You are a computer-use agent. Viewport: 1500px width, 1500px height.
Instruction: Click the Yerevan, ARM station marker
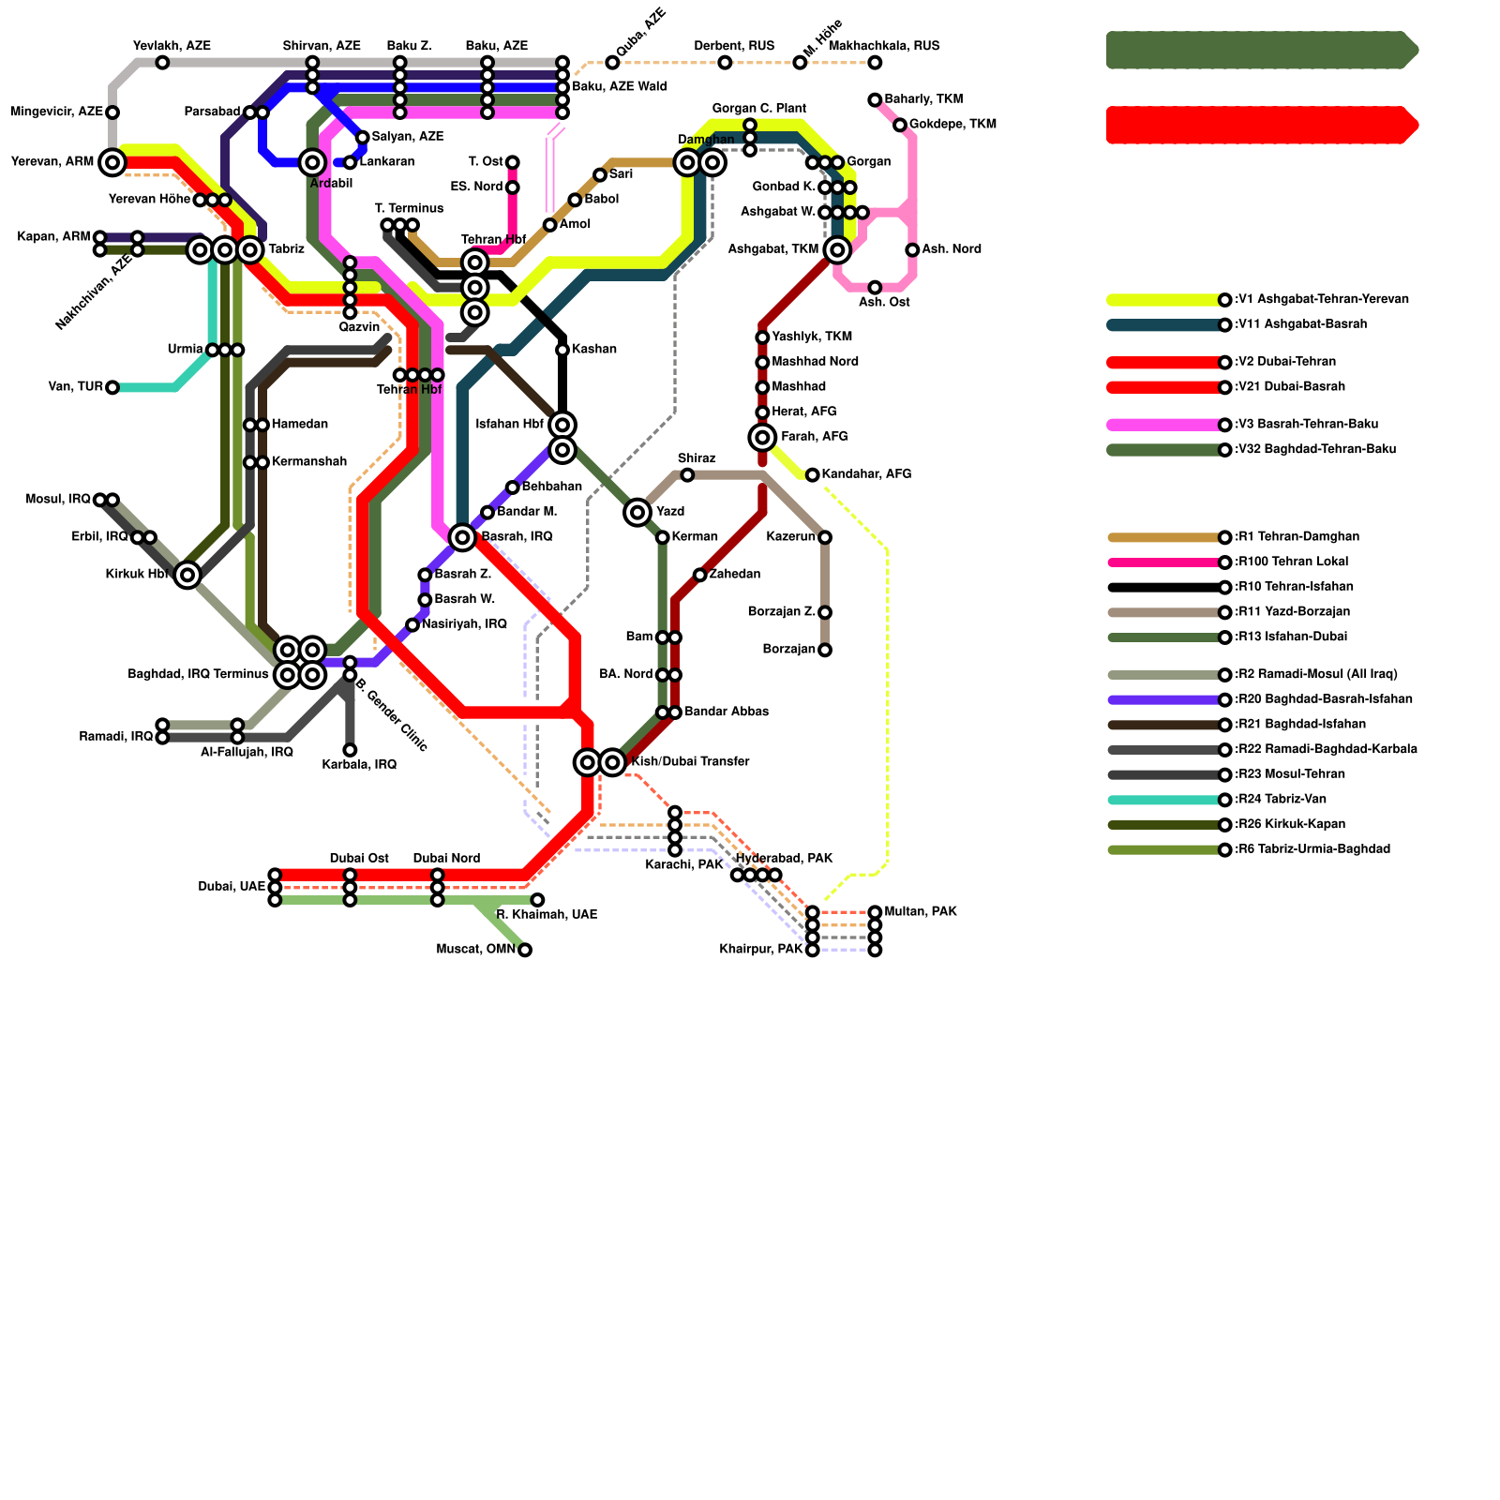click(x=112, y=162)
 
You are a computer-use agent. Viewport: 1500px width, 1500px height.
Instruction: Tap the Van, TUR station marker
click(x=112, y=387)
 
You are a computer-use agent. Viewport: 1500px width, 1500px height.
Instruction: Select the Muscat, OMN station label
click(x=476, y=950)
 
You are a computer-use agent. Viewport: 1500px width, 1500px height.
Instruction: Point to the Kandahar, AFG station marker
click(x=813, y=475)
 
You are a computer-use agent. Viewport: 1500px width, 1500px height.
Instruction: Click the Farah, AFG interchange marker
click(x=763, y=437)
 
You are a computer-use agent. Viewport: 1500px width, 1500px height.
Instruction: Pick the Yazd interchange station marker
click(x=637, y=512)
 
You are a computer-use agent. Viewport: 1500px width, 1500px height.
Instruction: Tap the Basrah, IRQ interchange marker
click(x=462, y=537)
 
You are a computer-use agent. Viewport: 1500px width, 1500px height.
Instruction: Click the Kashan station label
click(x=593, y=350)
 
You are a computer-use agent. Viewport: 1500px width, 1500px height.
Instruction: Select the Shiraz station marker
click(x=687, y=475)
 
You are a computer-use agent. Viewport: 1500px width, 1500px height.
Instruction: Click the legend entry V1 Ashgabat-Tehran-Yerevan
click(x=1322, y=300)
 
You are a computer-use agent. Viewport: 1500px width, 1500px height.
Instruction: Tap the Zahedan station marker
click(x=700, y=575)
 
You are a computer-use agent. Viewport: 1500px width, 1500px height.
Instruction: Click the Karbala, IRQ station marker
click(x=350, y=750)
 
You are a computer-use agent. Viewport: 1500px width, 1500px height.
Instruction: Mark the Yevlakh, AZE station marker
click(x=162, y=63)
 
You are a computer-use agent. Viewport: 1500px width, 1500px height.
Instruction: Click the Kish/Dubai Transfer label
click(x=690, y=762)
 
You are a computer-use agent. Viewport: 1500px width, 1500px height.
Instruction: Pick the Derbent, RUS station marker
click(x=725, y=63)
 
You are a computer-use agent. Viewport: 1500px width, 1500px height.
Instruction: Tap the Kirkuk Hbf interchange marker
click(x=187, y=575)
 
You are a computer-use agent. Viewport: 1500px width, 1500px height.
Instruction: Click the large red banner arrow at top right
click(x=1262, y=125)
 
